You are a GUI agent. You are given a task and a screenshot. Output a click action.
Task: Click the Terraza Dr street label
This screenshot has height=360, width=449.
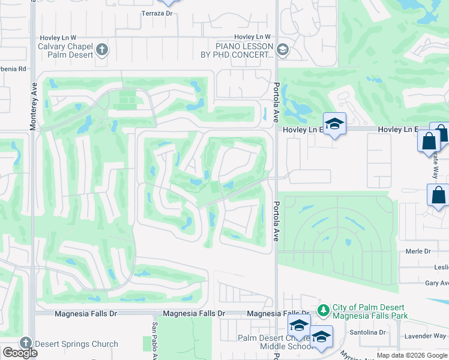coord(156,13)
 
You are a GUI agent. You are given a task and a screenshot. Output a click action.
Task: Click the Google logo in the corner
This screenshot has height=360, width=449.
coord(20,353)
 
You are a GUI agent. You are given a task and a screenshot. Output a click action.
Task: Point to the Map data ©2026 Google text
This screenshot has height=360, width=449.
coord(412,355)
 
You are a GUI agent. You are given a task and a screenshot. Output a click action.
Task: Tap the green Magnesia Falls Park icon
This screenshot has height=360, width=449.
coord(324,310)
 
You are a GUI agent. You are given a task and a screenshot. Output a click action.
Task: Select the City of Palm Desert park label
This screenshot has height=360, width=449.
coord(369,311)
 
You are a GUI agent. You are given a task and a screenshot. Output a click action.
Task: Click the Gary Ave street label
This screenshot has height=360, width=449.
coord(436,283)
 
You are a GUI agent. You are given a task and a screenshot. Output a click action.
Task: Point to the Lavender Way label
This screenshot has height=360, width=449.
coord(429,336)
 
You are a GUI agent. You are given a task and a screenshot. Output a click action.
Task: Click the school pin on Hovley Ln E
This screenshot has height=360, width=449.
coord(335,124)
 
